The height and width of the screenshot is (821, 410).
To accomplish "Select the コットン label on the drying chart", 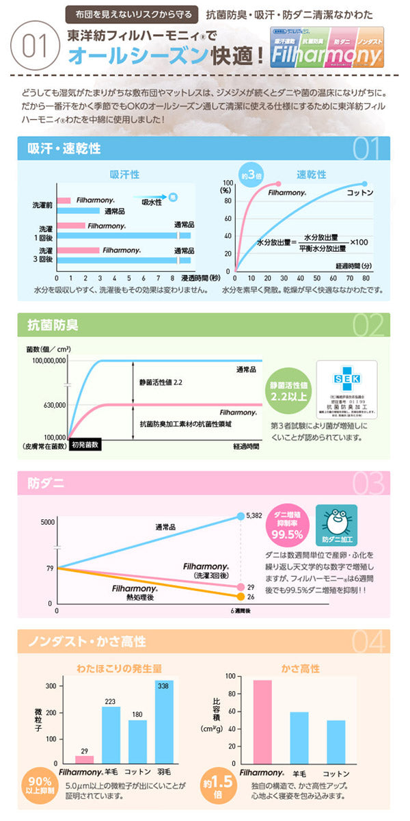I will [x=360, y=194].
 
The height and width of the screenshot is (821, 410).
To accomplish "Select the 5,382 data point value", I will [x=255, y=515].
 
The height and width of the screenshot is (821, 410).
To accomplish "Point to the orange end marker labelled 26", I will [x=240, y=597].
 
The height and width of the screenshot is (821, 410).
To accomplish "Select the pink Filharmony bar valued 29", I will [x=84, y=759].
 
